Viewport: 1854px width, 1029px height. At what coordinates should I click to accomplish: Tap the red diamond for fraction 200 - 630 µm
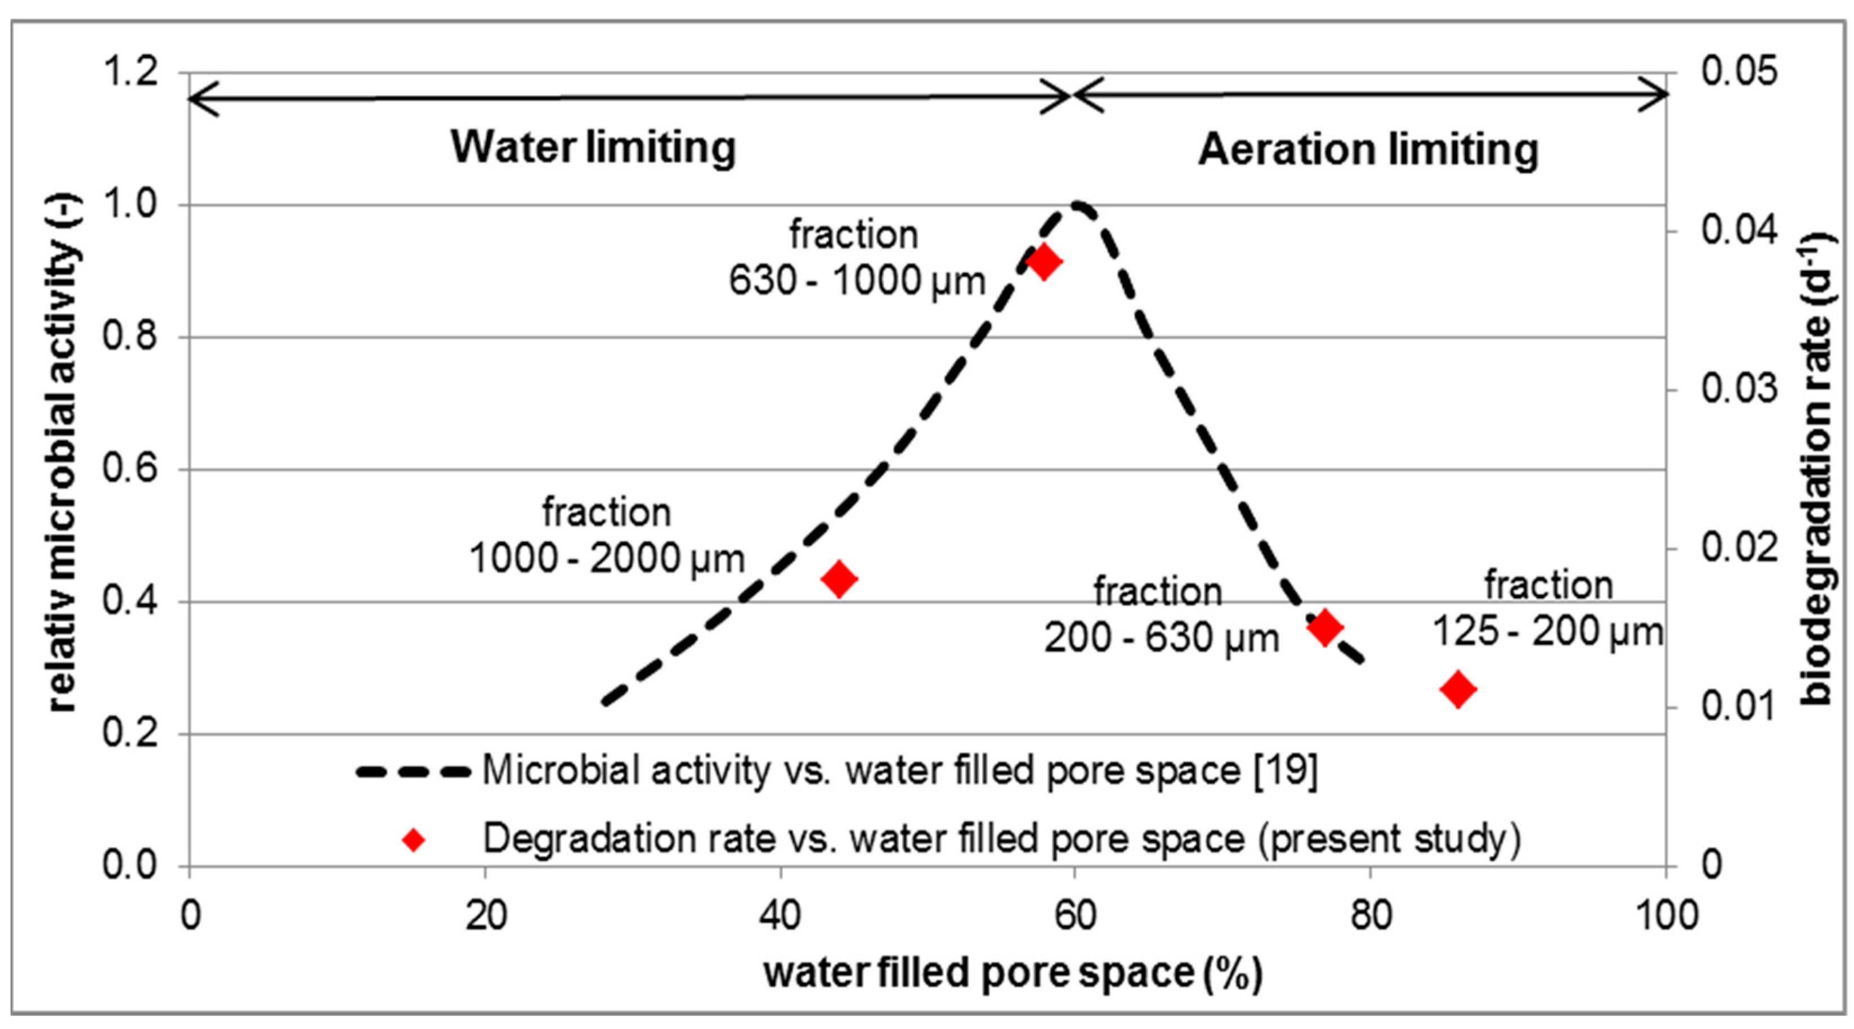pyautogui.click(x=1325, y=627)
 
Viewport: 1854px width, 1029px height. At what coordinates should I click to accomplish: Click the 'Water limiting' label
pyautogui.click(x=593, y=147)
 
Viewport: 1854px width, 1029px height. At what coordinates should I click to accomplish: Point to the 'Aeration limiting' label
pyautogui.click(x=1368, y=150)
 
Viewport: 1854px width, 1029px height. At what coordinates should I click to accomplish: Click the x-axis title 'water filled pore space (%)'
pyautogui.click(x=1013, y=973)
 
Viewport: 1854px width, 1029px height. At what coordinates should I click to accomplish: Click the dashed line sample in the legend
pyautogui.click(x=413, y=772)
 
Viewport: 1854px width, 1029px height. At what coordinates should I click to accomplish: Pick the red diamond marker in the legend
pyautogui.click(x=413, y=840)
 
